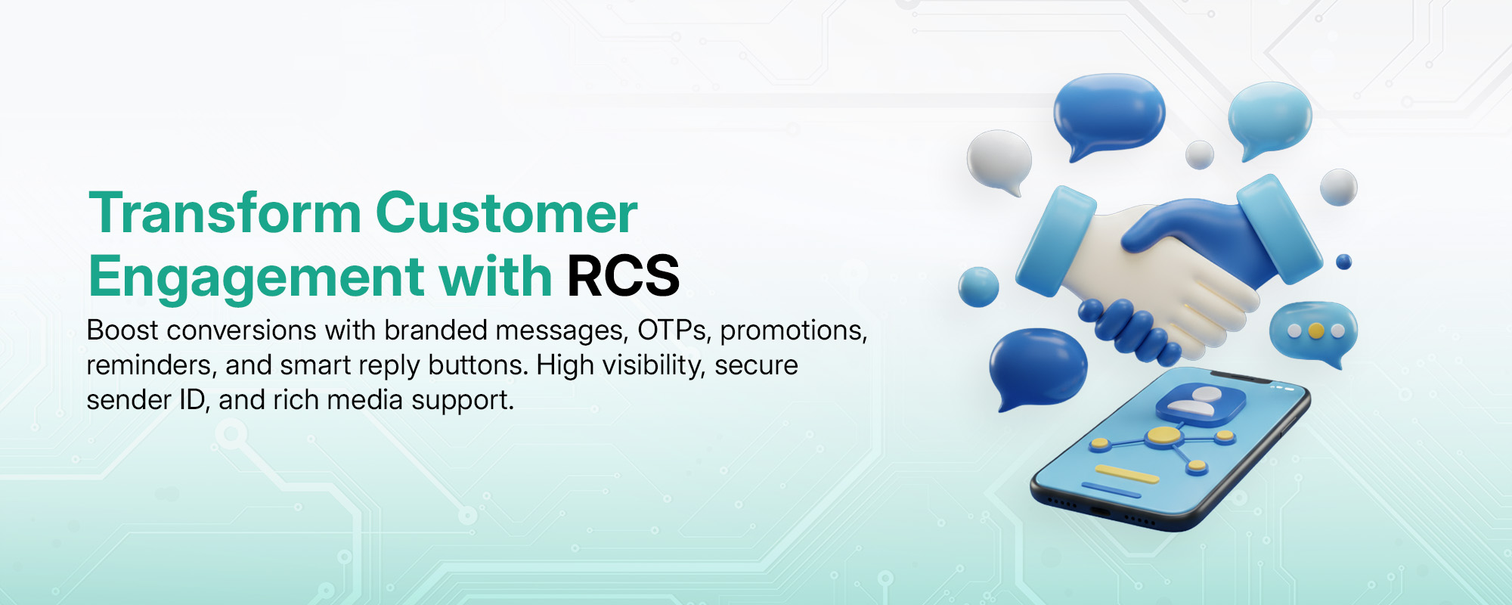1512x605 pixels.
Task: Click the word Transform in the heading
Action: coord(225,213)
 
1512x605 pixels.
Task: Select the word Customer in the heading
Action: coord(507,213)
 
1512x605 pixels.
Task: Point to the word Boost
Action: coord(122,330)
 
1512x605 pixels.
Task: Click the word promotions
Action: coord(794,331)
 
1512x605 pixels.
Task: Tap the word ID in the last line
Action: coord(193,400)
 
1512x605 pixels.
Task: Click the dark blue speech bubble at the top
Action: coord(1109,113)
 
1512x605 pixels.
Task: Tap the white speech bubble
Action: coord(999,161)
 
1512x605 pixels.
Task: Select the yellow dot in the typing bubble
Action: coord(1316,330)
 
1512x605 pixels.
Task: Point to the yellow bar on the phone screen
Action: coord(1127,473)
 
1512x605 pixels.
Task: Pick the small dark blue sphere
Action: coord(1343,262)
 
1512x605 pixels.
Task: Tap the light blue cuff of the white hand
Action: coord(1055,241)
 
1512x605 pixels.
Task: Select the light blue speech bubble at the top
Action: coord(1269,119)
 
